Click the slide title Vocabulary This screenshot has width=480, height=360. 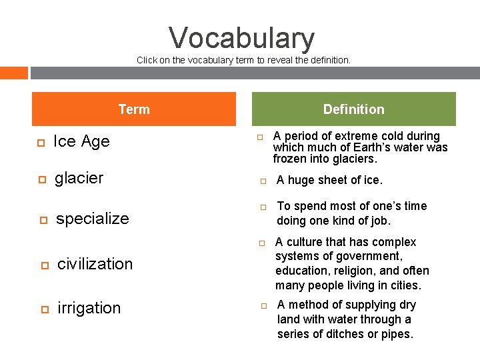point(241,38)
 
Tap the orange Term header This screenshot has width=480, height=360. point(134,109)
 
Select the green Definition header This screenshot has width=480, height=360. point(353,109)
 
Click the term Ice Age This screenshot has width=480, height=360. point(81,141)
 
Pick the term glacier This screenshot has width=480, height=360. point(79,178)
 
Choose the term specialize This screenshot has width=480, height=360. point(93,219)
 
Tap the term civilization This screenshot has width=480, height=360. point(95,264)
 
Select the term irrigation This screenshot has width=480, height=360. point(89,308)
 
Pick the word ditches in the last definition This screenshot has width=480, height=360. point(331,334)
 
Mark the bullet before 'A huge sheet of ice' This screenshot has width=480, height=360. point(263,180)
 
